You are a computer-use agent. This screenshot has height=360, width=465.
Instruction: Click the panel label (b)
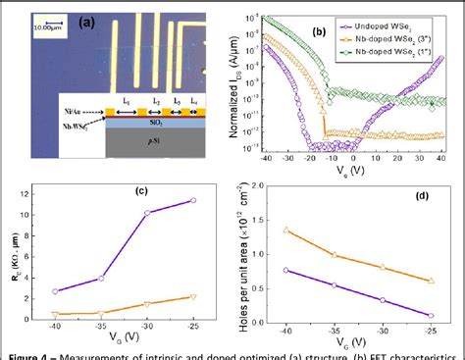coord(317,32)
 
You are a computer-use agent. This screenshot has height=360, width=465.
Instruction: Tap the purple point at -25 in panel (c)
coord(193,200)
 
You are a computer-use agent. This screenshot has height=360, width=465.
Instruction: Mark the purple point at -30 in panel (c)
coord(147,213)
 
